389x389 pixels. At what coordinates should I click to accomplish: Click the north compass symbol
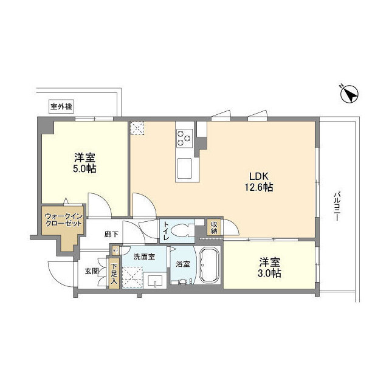tap(349, 94)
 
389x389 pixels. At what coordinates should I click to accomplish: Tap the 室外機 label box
tap(61, 107)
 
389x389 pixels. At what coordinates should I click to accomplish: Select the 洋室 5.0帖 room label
tap(84, 163)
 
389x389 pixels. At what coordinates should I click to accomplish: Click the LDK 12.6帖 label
tap(259, 182)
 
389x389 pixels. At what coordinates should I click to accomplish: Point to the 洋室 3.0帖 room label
tap(270, 267)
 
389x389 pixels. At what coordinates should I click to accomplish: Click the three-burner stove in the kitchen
tap(184, 138)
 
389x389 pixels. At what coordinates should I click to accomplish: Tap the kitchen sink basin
tap(184, 168)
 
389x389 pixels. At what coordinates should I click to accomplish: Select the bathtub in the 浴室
tap(209, 265)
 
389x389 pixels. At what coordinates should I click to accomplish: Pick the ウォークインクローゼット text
tap(63, 220)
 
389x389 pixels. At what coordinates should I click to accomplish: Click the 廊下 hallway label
tap(111, 234)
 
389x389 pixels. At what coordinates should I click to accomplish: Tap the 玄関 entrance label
tap(92, 272)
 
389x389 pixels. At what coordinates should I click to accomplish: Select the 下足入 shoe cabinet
tap(114, 274)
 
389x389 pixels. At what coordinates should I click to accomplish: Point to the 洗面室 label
tap(144, 256)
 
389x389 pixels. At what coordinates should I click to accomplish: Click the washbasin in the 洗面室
tap(156, 281)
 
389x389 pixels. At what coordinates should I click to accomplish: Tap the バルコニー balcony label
tap(337, 205)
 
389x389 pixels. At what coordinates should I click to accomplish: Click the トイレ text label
tap(166, 231)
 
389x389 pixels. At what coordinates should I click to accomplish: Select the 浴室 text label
tap(183, 264)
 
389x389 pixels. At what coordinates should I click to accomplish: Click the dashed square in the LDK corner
tap(137, 128)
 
